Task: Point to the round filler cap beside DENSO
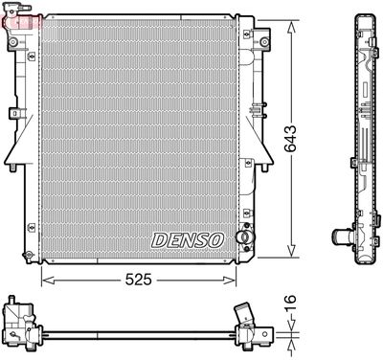(245, 236)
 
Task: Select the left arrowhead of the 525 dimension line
(44, 280)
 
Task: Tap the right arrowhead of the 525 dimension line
(232, 280)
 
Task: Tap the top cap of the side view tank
(365, 18)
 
